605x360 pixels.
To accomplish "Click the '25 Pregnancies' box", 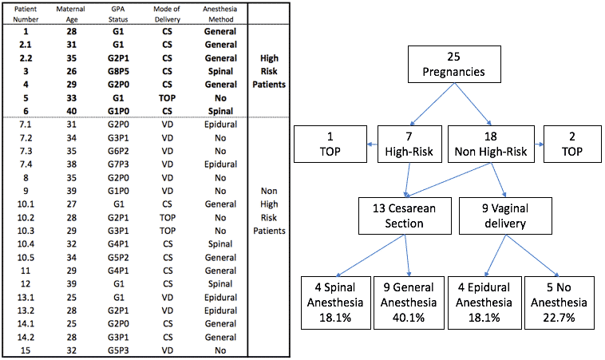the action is click(454, 65).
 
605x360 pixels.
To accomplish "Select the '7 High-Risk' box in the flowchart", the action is click(409, 144).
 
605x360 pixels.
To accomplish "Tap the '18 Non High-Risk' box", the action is click(491, 144).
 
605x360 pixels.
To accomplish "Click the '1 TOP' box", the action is click(330, 144).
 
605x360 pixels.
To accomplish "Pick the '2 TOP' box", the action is click(572, 144).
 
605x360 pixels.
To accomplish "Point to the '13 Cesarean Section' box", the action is click(405, 216).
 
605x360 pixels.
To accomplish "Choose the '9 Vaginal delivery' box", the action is click(505, 216).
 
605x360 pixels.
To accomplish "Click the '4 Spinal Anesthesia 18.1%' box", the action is click(336, 303).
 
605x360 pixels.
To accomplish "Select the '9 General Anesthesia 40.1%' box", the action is click(409, 303).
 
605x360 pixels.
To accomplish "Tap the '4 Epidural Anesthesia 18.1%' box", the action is click(484, 303).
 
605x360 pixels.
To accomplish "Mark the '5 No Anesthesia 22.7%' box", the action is click(559, 303).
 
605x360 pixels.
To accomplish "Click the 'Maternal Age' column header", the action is click(71, 14).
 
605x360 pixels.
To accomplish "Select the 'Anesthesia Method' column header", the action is click(220, 14).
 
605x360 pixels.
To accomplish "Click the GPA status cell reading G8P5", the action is click(118, 71).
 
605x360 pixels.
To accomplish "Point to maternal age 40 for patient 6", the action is click(71, 111).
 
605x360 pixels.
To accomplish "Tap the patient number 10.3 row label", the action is click(26, 231).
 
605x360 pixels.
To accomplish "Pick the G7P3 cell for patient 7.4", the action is click(118, 164).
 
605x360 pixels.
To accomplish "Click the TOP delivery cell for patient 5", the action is click(167, 98).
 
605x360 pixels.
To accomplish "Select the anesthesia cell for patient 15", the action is click(220, 350).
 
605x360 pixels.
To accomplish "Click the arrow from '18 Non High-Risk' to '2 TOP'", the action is click(539, 144).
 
